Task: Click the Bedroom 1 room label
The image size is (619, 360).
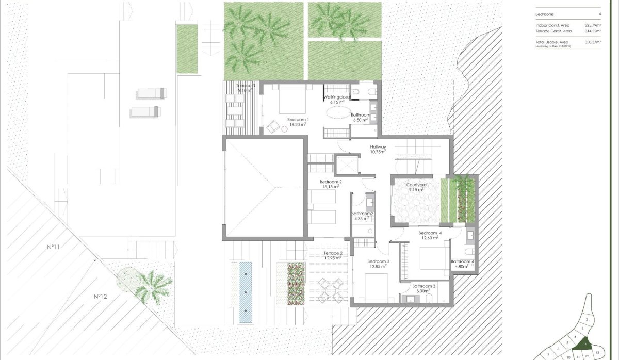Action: pos(298,120)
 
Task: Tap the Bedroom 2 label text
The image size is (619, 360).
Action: pos(331,182)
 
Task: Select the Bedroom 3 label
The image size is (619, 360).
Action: pos(379,262)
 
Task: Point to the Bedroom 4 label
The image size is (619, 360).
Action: pos(430,233)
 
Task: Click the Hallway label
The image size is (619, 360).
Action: pos(378,148)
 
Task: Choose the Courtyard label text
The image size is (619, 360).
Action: pos(415,185)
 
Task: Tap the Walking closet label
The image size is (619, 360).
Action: pos(336,97)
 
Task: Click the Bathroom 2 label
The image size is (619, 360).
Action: pos(362,214)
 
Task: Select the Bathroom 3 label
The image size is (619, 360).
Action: pos(423,286)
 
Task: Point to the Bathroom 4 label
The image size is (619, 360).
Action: pos(462,262)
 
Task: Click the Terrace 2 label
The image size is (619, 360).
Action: pos(333,253)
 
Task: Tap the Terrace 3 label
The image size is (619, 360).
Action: pos(246,86)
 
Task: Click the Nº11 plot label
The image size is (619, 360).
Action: pos(54,247)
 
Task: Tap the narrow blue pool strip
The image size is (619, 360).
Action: pos(246,292)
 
